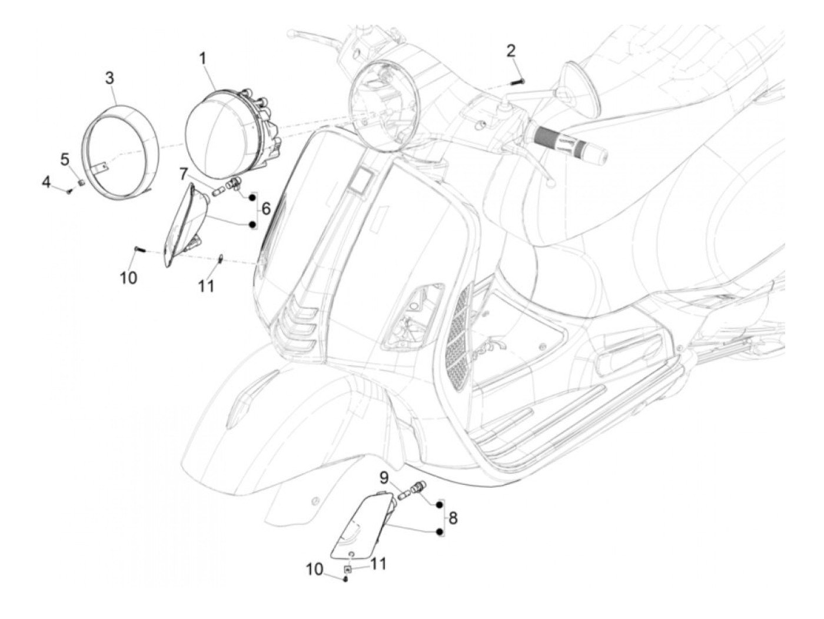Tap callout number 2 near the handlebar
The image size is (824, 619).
[511, 51]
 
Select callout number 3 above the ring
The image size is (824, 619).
[110, 78]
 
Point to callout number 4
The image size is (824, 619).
[46, 182]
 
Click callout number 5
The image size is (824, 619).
[65, 159]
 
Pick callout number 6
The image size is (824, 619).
[266, 208]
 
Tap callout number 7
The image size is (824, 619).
[184, 174]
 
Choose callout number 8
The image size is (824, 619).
[453, 518]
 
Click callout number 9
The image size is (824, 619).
[383, 477]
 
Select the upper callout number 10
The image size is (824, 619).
[128, 277]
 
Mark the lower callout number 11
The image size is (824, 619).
[378, 564]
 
